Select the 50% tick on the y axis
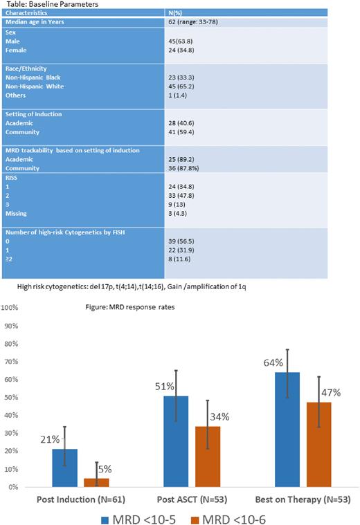pos(10,397)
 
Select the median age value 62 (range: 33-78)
pos(202,21)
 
